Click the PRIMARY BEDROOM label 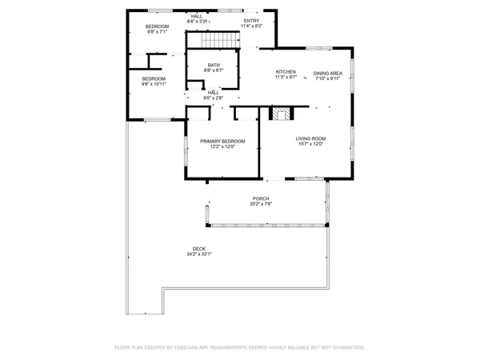point(222,142)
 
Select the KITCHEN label point(286,72)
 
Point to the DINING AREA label point(327,72)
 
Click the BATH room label point(214,65)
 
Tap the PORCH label point(261,198)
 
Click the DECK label point(198,249)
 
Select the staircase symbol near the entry point(219,39)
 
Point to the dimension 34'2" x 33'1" point(198,254)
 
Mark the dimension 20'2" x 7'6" point(261,204)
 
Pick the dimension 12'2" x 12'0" point(222,147)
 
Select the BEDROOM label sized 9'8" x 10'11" point(154,78)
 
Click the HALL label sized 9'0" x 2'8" point(214,92)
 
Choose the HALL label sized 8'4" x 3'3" point(197,15)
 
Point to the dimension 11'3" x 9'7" point(286,78)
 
